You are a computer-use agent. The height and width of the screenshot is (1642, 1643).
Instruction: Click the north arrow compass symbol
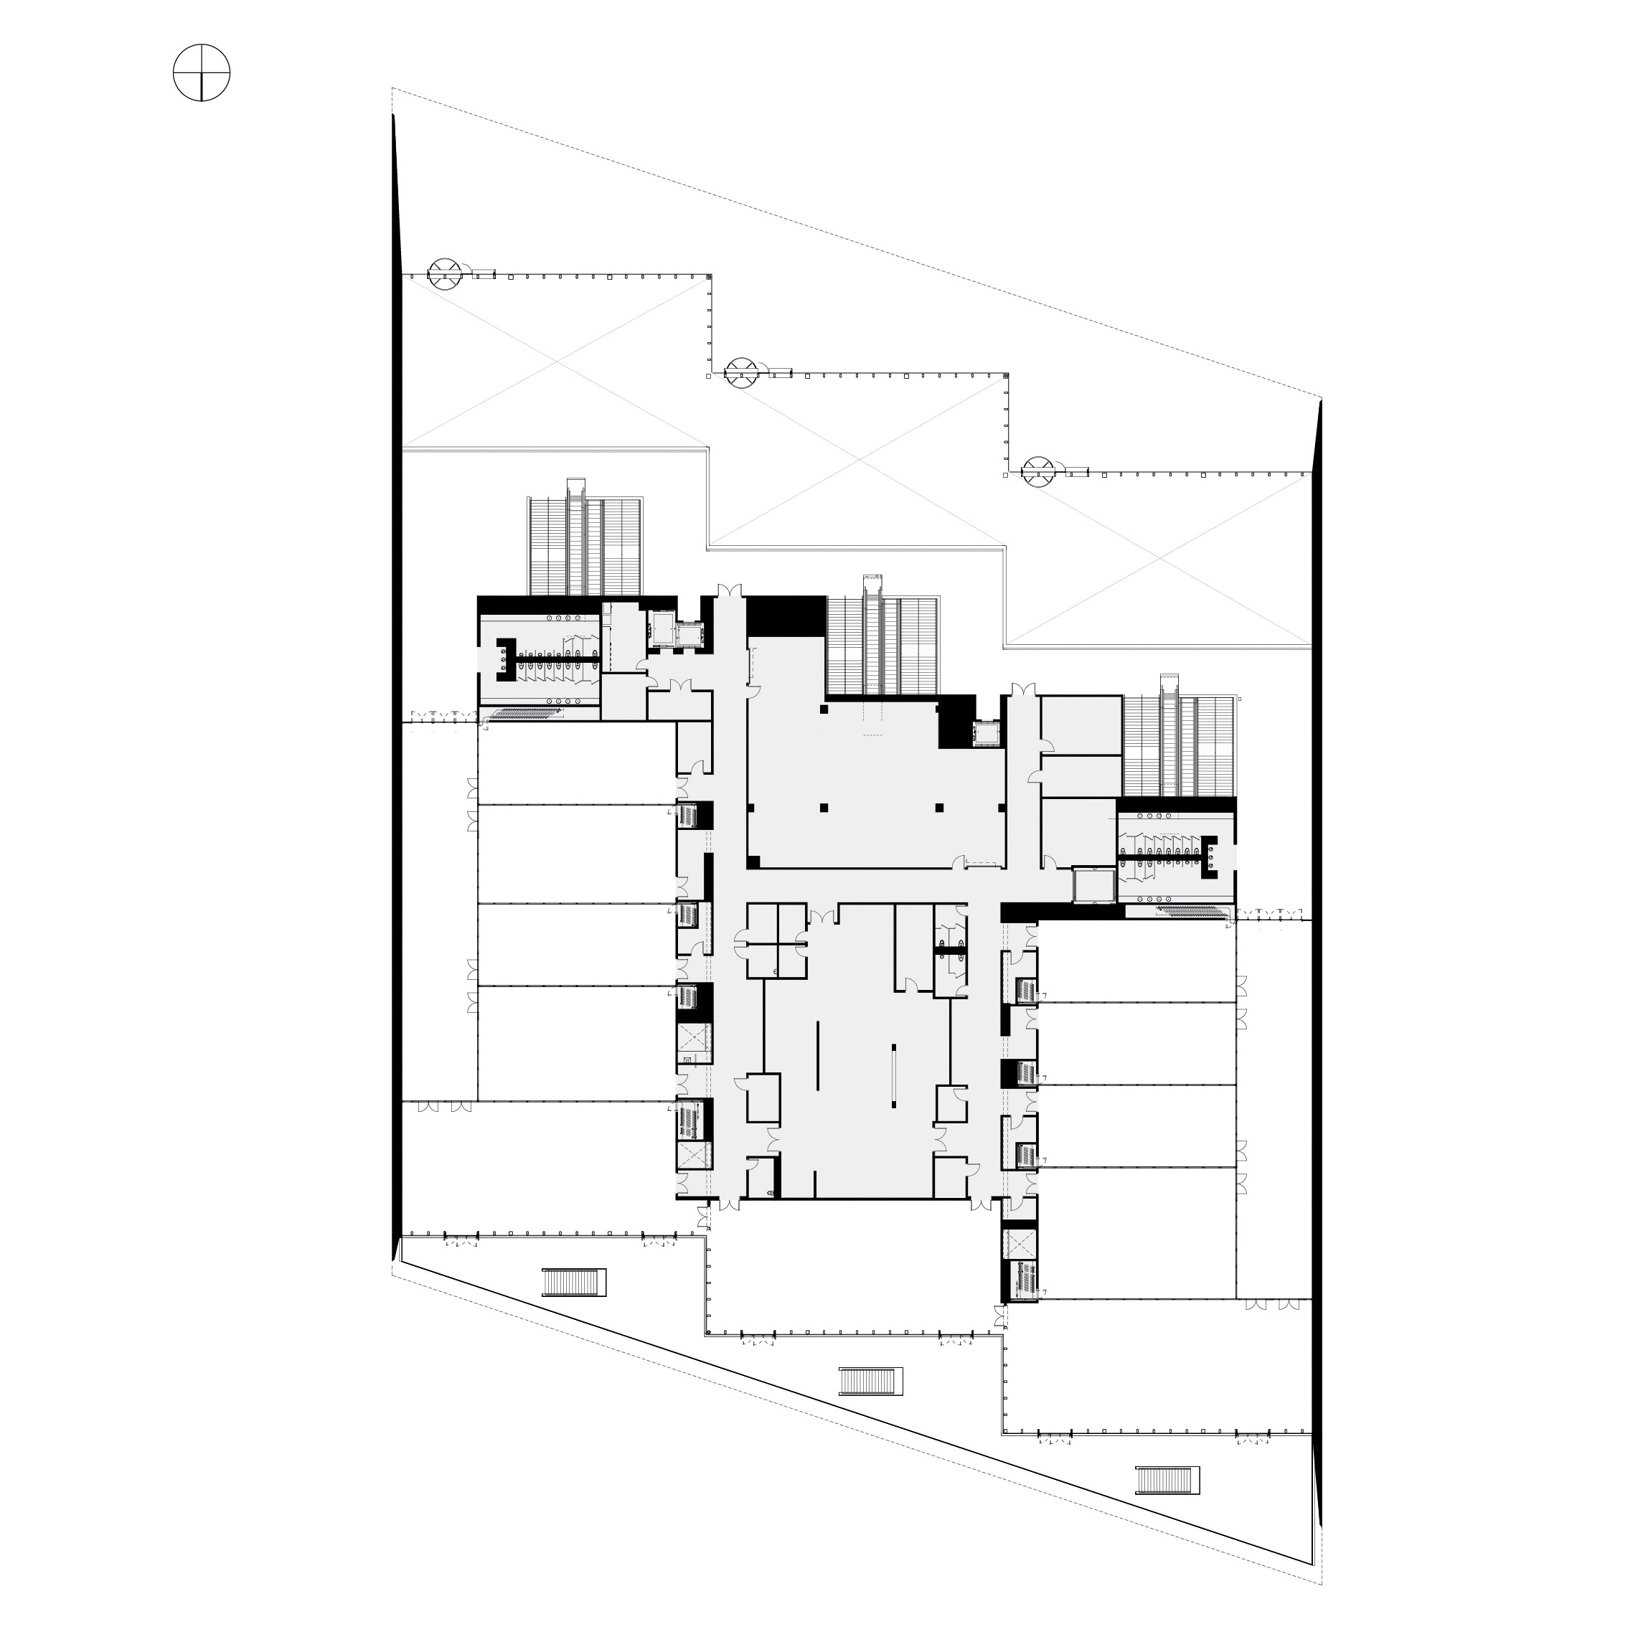point(202,73)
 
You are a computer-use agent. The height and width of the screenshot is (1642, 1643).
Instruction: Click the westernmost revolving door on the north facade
point(445,274)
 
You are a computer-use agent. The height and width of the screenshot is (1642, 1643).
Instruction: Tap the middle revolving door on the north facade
point(740,372)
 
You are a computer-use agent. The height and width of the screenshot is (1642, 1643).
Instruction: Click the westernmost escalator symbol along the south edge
point(575,1281)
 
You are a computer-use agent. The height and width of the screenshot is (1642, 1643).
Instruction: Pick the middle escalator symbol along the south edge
point(870,1381)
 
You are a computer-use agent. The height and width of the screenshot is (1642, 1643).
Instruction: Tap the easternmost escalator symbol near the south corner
point(1167,1481)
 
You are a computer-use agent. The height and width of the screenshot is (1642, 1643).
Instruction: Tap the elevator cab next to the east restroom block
point(1093,885)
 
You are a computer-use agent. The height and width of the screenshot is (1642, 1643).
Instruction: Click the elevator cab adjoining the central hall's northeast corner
point(986,733)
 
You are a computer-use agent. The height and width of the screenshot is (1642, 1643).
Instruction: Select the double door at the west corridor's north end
point(729,591)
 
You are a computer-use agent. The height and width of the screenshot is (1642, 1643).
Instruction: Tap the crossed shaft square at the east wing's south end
point(1020,1244)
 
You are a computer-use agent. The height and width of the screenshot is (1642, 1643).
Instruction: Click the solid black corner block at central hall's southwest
point(753,862)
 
